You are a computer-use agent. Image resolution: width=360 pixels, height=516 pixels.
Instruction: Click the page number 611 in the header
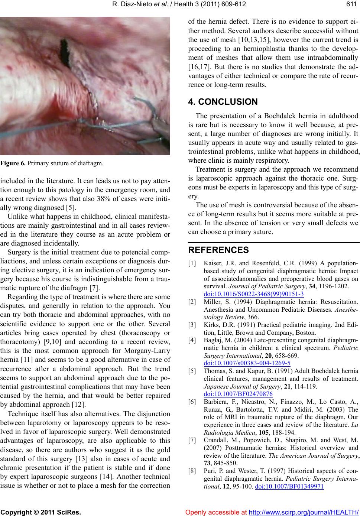tap(353, 5)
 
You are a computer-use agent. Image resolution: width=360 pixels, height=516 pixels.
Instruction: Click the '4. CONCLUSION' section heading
tap(223, 102)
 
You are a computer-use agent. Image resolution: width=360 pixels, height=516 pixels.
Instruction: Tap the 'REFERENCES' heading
tap(218, 250)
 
